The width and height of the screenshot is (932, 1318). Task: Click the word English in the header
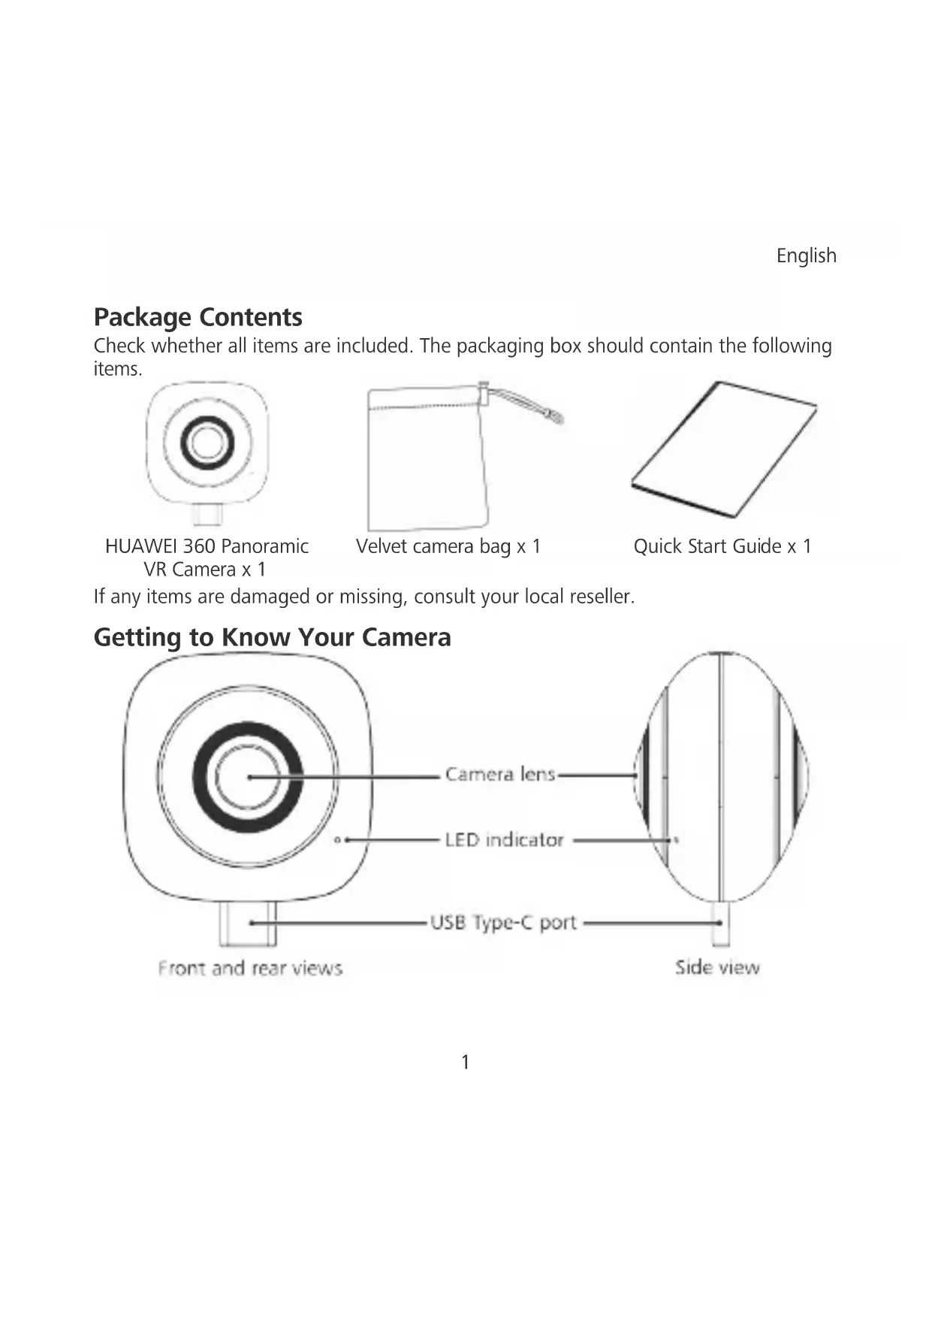[806, 256]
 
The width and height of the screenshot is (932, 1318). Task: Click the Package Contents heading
[198, 317]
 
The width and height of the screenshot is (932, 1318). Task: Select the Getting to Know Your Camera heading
[272, 637]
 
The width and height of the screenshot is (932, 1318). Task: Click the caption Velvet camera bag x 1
[448, 546]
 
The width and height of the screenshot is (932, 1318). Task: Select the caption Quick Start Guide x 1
[722, 546]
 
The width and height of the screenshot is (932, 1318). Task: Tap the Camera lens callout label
[500, 774]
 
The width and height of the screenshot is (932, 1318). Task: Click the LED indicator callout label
[504, 839]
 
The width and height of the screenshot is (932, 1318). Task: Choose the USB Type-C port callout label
[503, 922]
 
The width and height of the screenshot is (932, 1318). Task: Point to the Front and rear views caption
[250, 968]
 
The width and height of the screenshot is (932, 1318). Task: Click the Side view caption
[717, 967]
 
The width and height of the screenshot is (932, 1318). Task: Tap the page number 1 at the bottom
[466, 1062]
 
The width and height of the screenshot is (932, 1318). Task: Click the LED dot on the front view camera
[338, 840]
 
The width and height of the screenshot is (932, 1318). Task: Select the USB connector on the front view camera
[248, 924]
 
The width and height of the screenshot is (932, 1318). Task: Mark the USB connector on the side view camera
[720, 924]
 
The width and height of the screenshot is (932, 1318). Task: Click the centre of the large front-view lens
[248, 777]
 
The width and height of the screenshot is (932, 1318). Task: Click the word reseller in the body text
[602, 597]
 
